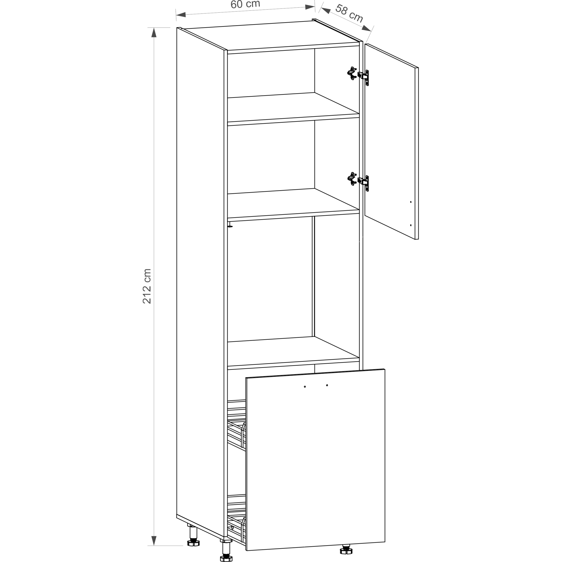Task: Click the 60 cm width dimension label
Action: coord(245,4)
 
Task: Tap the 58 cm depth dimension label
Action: coord(349,13)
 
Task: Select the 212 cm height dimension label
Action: coord(147,286)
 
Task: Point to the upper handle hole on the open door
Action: coord(411,202)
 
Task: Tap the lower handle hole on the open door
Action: coord(411,225)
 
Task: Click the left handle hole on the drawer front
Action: coord(305,387)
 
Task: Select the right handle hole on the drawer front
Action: coord(327,385)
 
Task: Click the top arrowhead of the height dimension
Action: coord(154,33)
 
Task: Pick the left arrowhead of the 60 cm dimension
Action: coord(181,15)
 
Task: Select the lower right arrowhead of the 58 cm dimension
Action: coord(366,28)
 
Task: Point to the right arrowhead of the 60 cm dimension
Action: coord(310,7)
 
